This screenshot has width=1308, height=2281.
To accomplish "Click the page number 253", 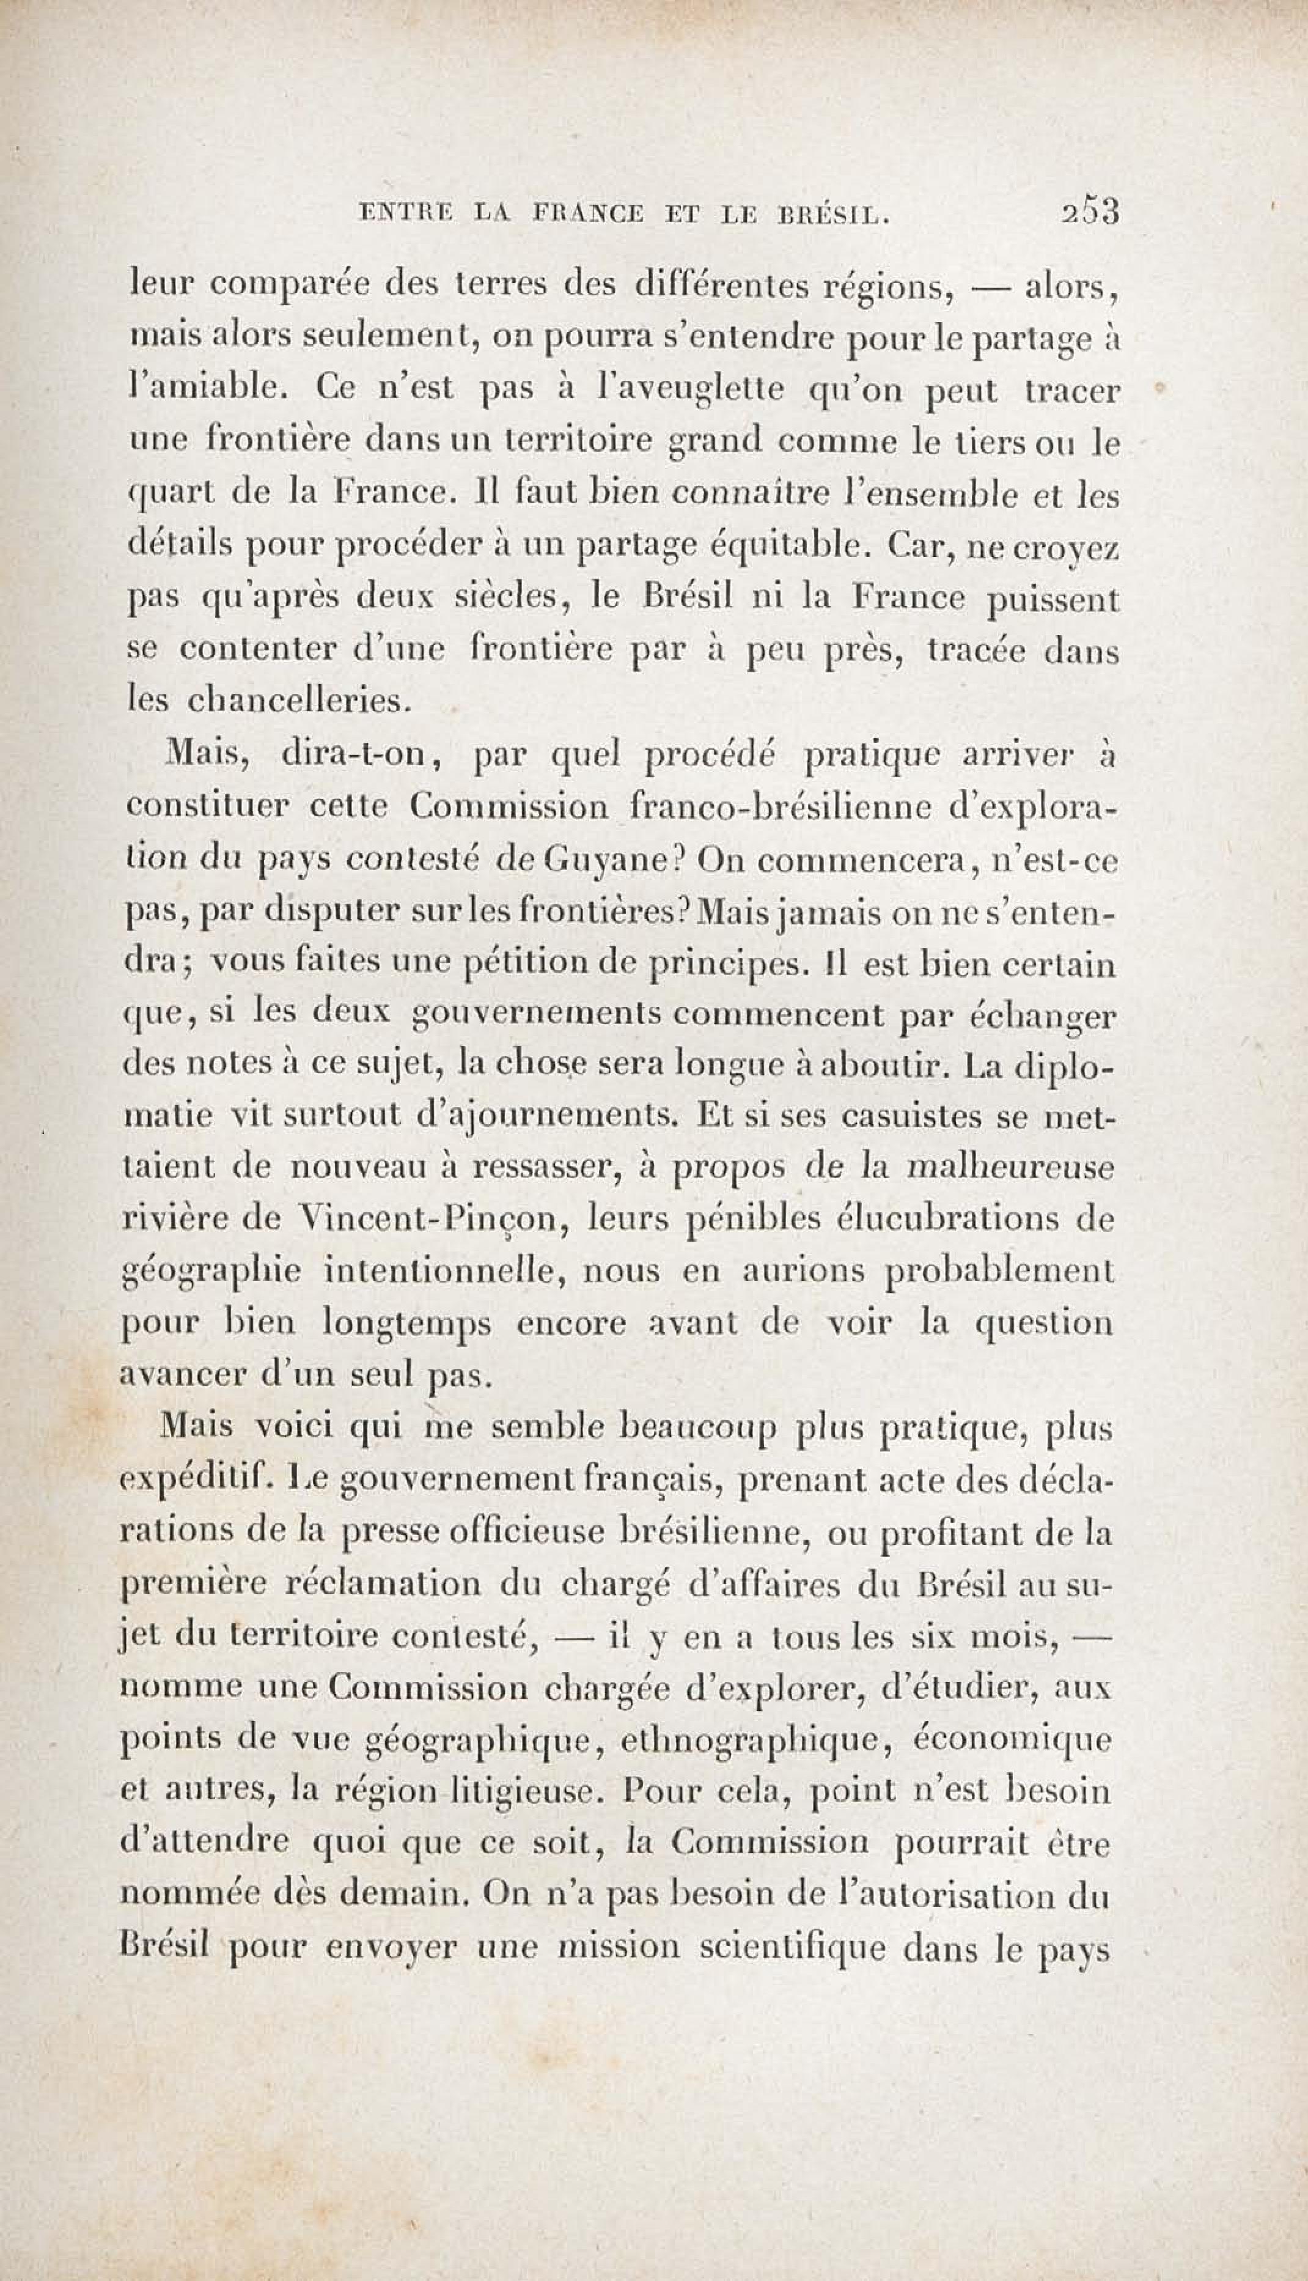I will point(1090,213).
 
